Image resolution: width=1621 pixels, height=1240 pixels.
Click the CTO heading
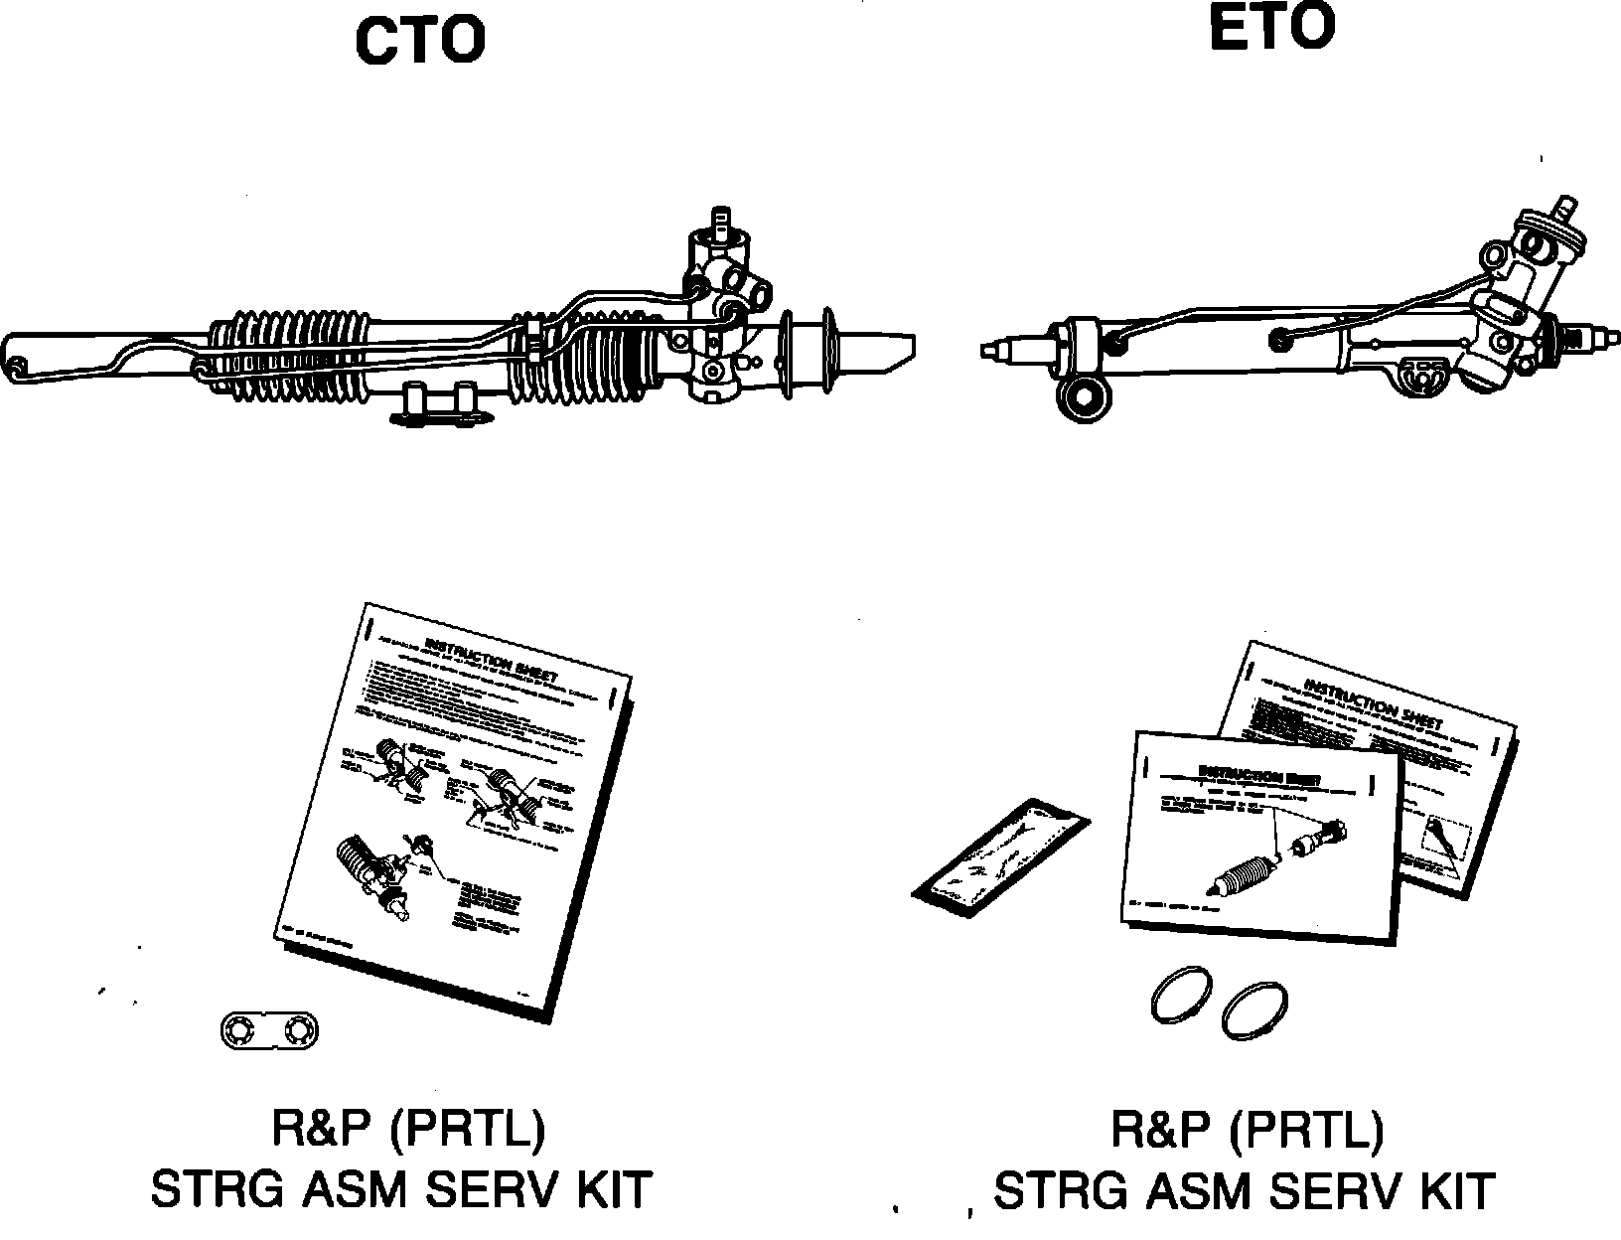point(421,41)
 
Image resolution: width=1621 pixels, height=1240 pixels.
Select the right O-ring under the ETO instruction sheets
point(1255,1009)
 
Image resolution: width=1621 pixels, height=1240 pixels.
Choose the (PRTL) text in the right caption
point(1305,1129)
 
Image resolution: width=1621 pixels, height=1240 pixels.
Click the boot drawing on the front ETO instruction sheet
point(1246,865)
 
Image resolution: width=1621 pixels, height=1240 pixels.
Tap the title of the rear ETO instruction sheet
point(1373,702)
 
